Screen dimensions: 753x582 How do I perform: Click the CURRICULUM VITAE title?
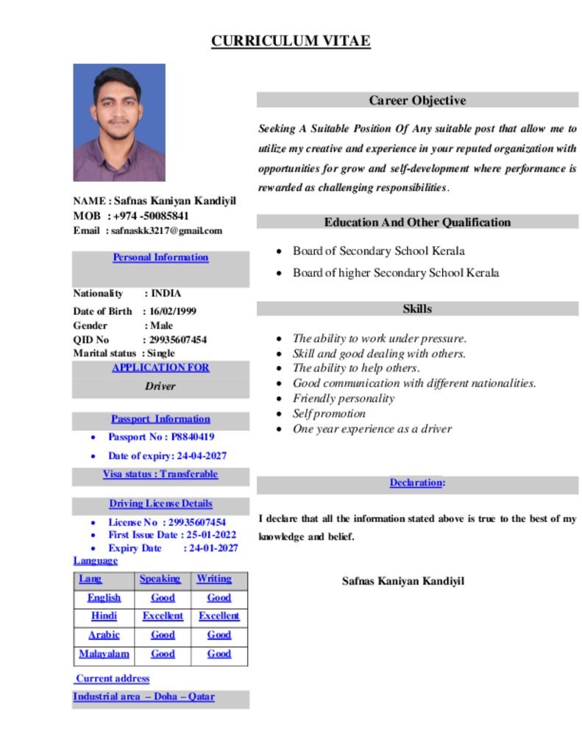[291, 41]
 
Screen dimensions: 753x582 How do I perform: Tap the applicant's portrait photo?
[119, 122]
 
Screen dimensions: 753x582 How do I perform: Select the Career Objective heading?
[417, 100]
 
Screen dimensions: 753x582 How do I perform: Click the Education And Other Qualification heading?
[417, 222]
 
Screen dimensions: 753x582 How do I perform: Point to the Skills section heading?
[417, 309]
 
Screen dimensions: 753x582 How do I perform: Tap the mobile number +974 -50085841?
[150, 216]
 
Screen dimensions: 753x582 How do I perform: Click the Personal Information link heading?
[160, 257]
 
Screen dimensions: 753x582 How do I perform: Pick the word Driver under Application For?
[160, 386]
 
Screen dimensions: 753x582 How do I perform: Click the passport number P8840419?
[193, 437]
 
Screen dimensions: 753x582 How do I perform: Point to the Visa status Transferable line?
[160, 474]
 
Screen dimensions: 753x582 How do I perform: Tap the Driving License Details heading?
[160, 504]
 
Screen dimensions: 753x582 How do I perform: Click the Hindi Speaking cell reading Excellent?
[163, 616]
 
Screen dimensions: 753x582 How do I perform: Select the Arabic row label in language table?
[104, 635]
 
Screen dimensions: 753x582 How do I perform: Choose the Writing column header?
[214, 579]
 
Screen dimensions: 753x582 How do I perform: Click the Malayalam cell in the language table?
[104, 654]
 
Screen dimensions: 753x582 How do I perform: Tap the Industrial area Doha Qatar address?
[143, 696]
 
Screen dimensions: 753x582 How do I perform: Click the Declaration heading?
[417, 483]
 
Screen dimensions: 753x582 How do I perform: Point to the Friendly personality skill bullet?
[344, 399]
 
